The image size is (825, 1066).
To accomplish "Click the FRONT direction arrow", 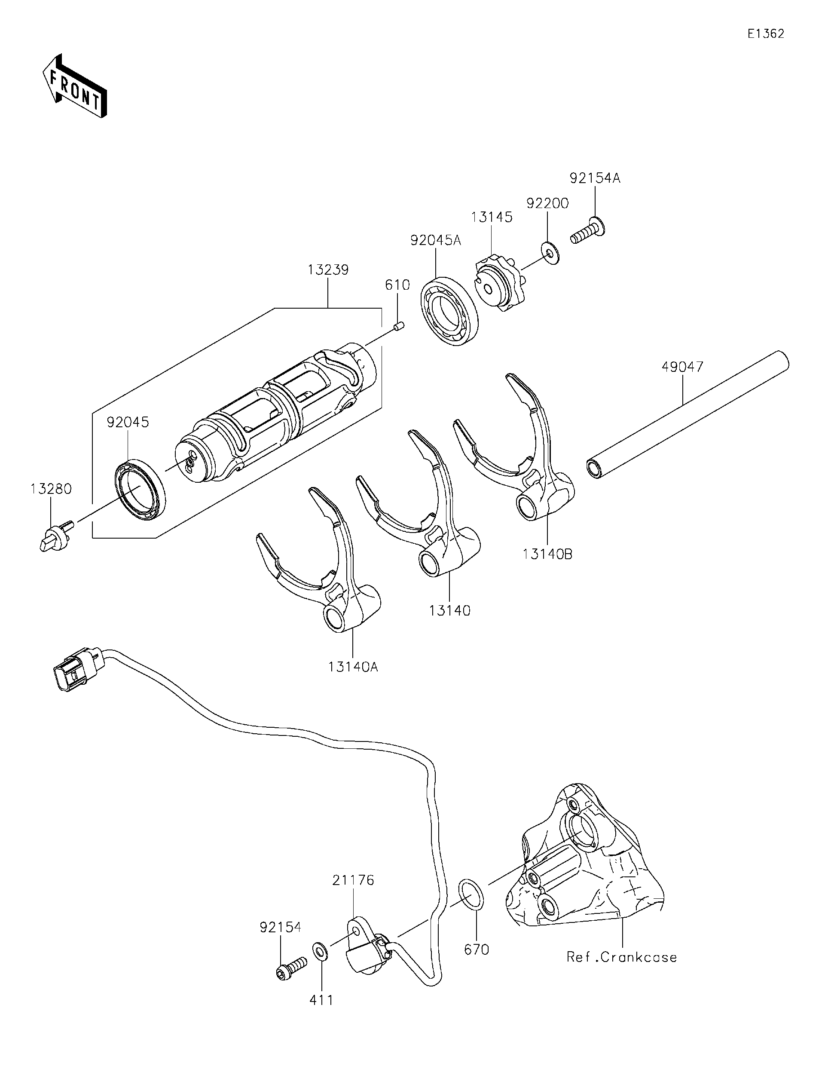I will pos(74,86).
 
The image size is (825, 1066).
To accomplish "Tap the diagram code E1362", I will pos(765,34).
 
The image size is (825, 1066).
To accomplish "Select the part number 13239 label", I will pos(328,270).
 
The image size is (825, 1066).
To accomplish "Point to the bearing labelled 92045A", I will pos(449,311).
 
